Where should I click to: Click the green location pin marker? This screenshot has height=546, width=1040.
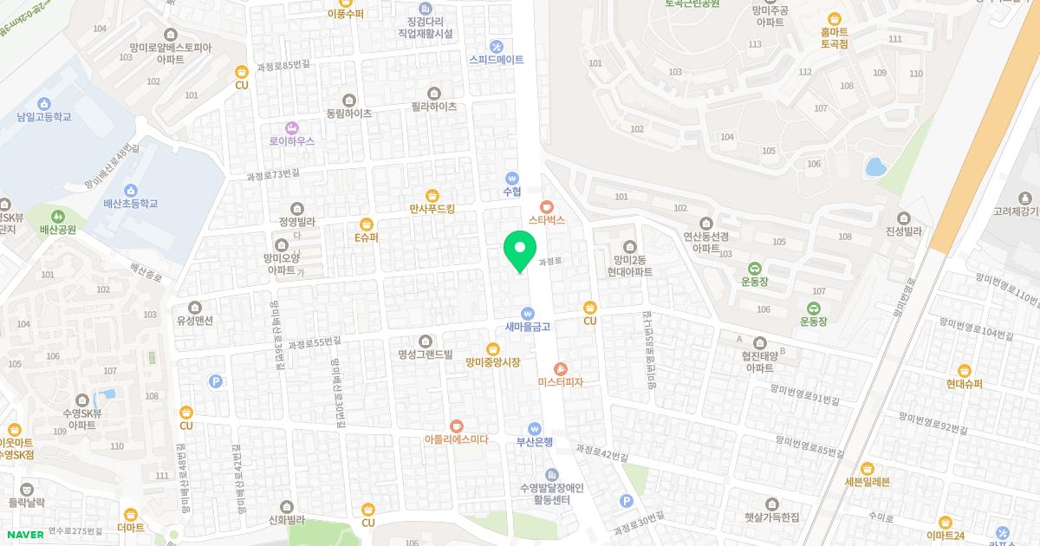pos(519,250)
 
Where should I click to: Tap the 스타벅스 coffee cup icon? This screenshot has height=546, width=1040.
pos(546,207)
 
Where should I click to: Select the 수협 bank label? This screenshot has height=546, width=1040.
pos(511,192)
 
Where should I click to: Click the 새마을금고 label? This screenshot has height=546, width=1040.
pos(528,327)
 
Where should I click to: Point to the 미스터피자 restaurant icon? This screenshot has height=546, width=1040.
pos(560,369)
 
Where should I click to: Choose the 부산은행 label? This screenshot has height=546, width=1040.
pos(535,440)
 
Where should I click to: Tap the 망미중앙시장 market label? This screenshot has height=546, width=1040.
pos(492,362)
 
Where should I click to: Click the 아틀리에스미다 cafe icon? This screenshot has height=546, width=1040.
pos(457,426)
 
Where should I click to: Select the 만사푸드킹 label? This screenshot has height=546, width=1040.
pos(432,209)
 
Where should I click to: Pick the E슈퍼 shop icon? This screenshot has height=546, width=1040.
pos(367,223)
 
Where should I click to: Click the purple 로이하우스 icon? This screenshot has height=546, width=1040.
pos(291,127)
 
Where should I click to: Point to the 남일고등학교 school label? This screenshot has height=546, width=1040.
pos(43,116)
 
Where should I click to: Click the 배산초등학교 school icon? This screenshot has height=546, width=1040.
pos(131,191)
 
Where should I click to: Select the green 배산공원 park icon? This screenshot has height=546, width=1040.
pos(58,216)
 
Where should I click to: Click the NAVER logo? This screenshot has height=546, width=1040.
pos(23,535)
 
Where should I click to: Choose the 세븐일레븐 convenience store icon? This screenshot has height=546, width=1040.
pos(867,468)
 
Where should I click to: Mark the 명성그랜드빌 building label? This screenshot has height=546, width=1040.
pos(426,354)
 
